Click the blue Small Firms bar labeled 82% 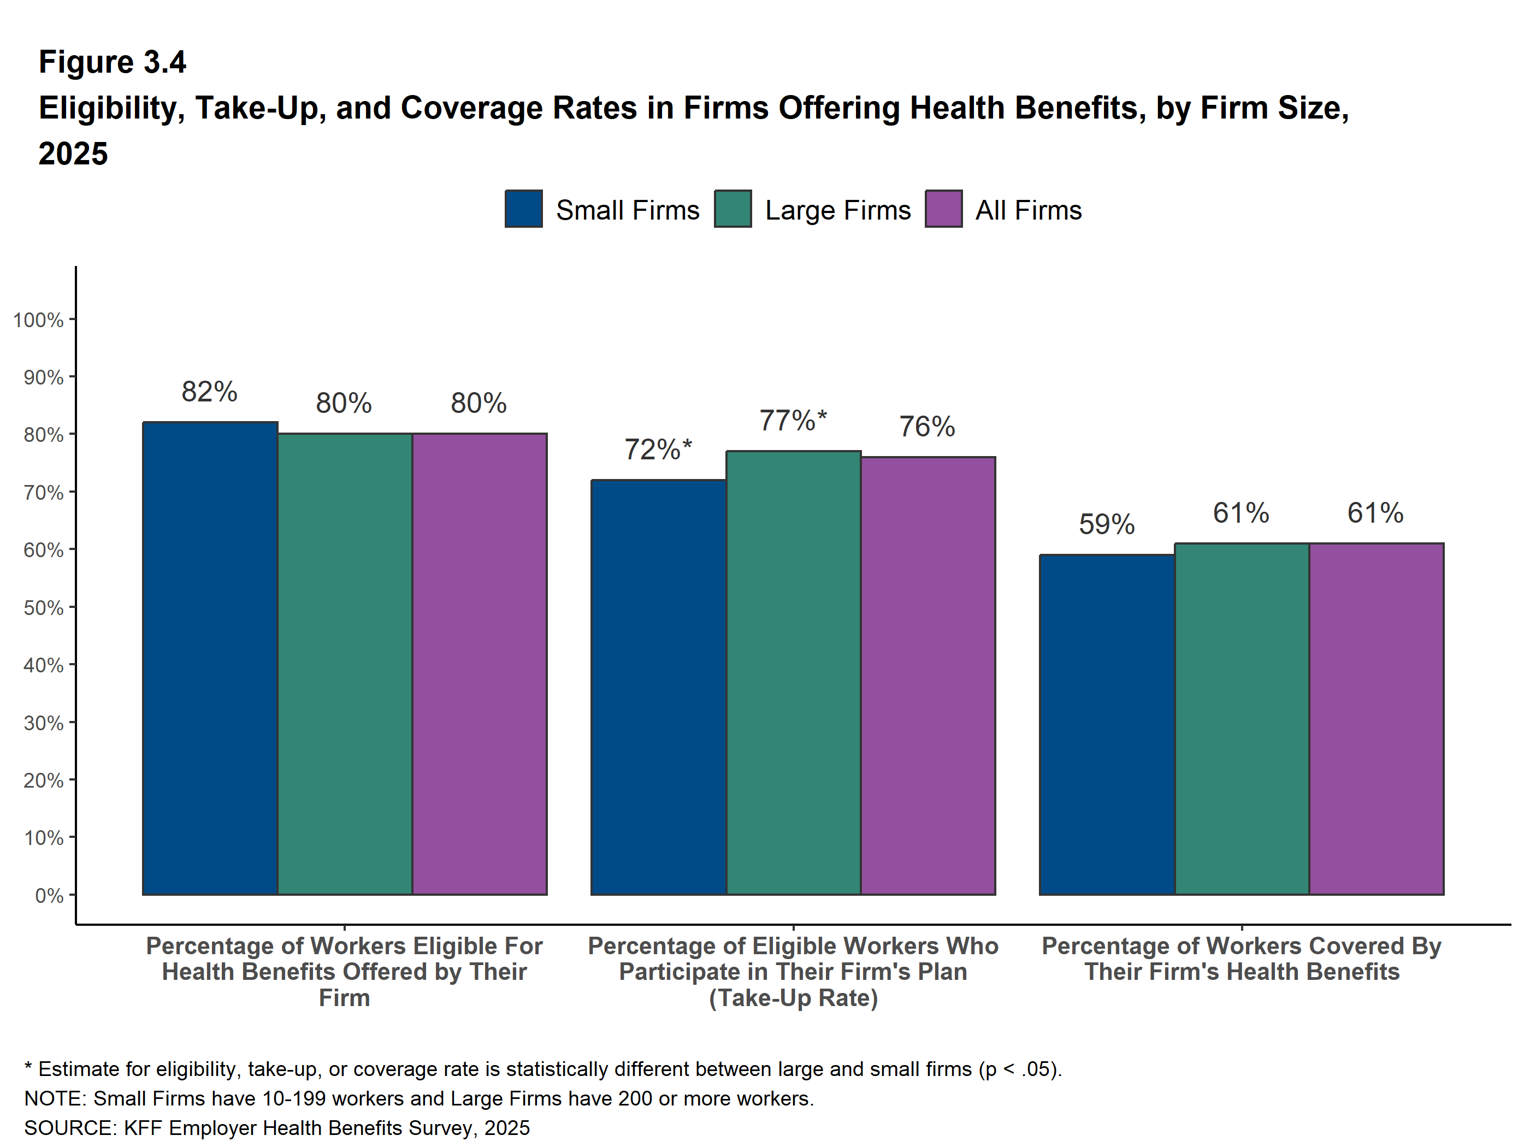click(210, 658)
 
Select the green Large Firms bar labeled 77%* click(793, 672)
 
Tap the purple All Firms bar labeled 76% click(928, 675)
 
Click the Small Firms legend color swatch click(524, 209)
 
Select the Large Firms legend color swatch click(733, 209)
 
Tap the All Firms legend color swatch click(943, 209)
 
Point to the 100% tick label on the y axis click(39, 320)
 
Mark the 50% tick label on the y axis click(43, 607)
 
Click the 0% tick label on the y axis click(49, 896)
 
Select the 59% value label click(1107, 524)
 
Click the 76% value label click(928, 427)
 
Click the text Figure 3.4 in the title click(113, 62)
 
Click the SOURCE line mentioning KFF click(277, 1128)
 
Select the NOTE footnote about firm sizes click(419, 1098)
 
